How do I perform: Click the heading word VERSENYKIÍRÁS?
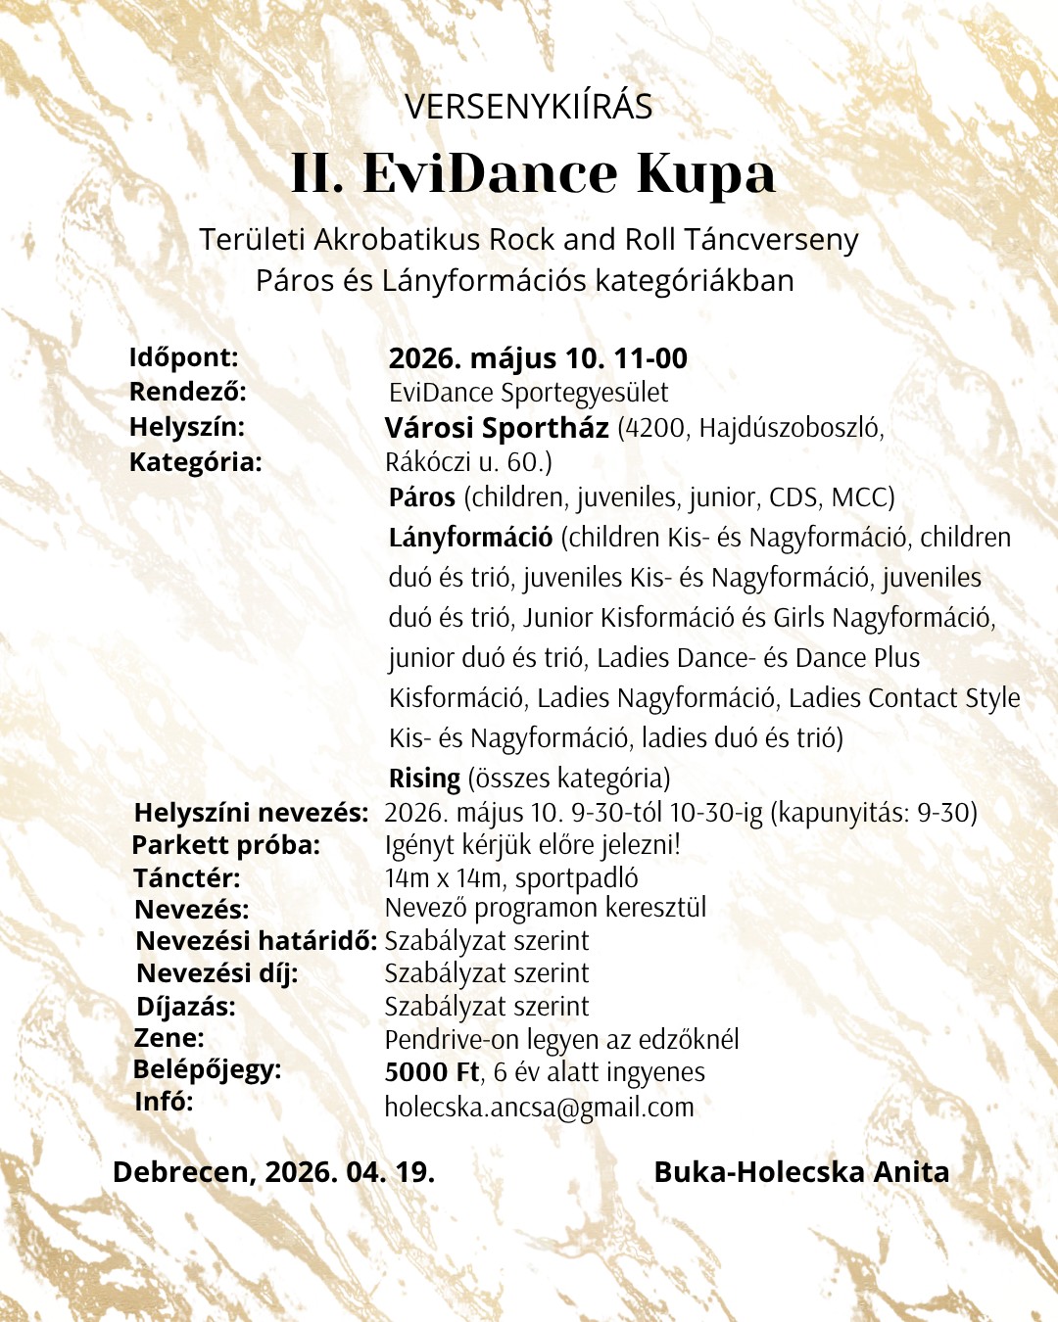(528, 107)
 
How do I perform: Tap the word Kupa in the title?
(705, 174)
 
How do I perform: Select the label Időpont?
(183, 357)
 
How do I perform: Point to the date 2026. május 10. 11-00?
(538, 358)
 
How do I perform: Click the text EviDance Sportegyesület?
(528, 393)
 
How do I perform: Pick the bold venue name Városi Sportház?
(497, 428)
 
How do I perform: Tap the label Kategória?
(195, 461)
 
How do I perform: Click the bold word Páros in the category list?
(421, 497)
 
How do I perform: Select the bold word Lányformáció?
(470, 538)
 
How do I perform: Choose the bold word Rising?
(424, 779)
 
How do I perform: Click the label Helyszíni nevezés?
(251, 813)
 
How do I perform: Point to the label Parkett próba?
(225, 845)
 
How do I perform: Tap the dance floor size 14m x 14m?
(442, 878)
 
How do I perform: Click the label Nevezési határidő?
(256, 941)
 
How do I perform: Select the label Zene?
(168, 1038)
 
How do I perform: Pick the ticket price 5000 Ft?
(432, 1072)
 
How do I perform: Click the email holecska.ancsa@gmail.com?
(539, 1108)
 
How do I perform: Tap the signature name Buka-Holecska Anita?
(801, 1172)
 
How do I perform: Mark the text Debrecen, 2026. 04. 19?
(273, 1172)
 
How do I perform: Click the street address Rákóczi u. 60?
(468, 462)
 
